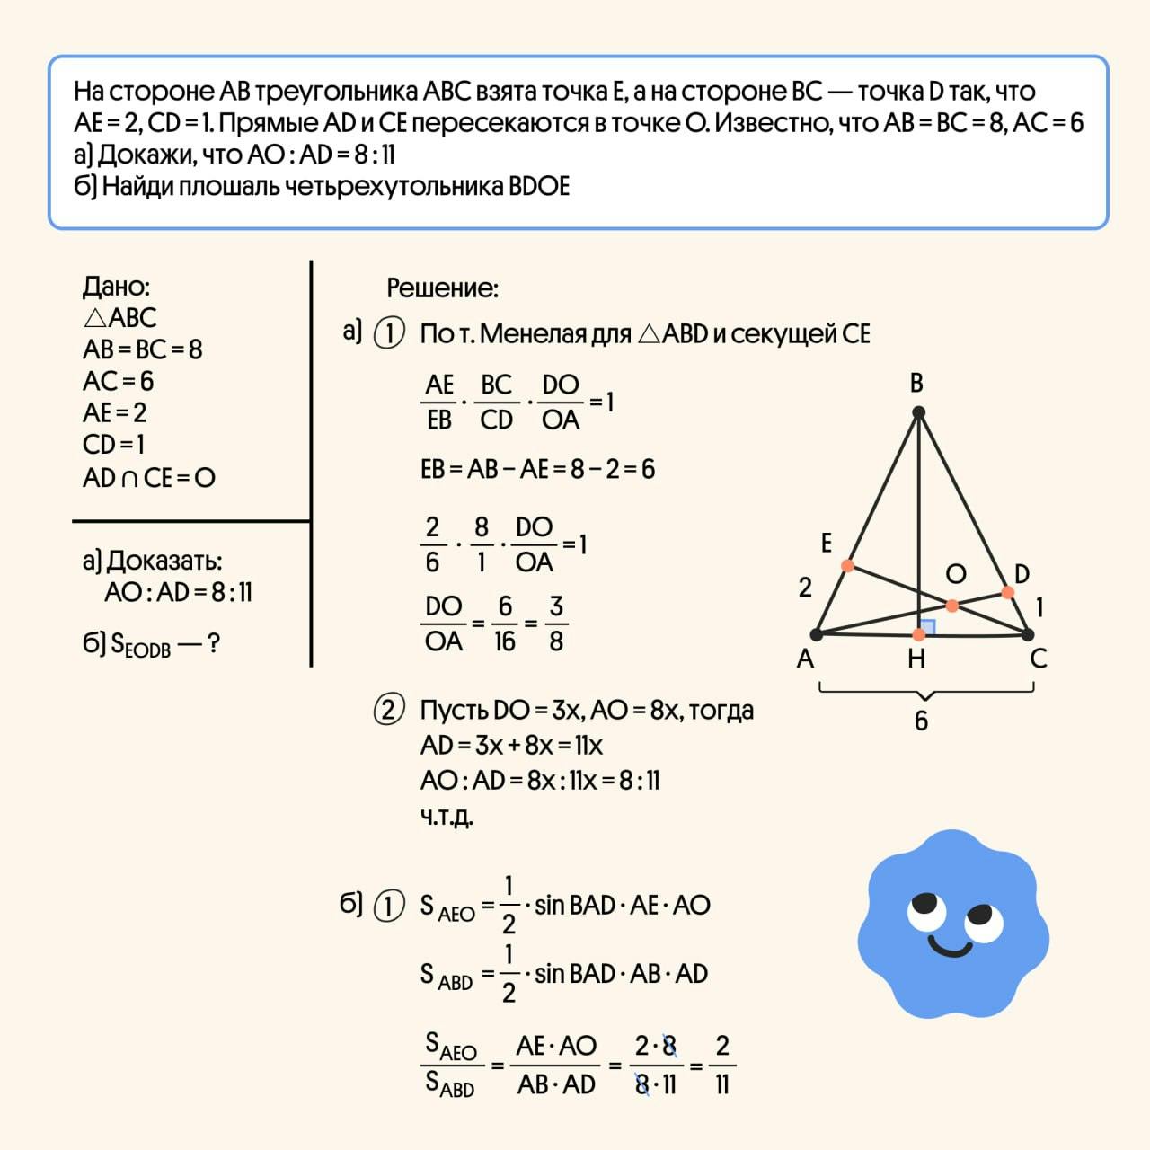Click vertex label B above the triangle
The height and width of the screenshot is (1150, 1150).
[916, 383]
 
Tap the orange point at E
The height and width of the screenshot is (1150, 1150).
[847, 565]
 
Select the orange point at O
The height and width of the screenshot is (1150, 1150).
[952, 606]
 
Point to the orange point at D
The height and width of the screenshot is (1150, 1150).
[1007, 593]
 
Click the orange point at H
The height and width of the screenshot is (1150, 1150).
[918, 634]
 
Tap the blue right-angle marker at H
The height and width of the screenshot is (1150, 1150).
[927, 626]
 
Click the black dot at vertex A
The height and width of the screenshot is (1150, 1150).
[817, 634]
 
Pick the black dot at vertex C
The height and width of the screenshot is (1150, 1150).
[1028, 634]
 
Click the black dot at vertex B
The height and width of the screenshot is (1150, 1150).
[918, 412]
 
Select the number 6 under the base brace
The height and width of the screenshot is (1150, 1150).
[921, 721]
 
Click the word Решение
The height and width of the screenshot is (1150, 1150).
[442, 288]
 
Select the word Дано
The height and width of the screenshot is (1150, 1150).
[116, 287]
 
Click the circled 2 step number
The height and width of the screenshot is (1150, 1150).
[388, 711]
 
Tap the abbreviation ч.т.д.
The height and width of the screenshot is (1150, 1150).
[447, 816]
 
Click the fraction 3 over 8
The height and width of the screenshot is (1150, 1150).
[556, 624]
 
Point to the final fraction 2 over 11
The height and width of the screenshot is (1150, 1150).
[722, 1065]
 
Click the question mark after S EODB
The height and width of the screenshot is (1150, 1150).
[213, 643]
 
